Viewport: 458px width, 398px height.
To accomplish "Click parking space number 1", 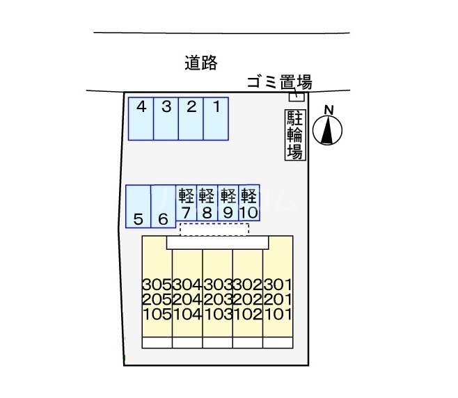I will coord(216,118).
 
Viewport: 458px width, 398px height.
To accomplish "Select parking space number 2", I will coord(191,118).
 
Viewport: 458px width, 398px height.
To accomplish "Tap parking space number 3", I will coord(166,118).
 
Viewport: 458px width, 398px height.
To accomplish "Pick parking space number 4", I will coord(141,118).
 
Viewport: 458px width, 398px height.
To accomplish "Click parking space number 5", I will coord(139,206).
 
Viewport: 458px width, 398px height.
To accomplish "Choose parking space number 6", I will coord(163,206).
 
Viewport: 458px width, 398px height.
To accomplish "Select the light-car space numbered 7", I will coord(186,202).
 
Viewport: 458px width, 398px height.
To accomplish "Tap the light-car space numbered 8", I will coord(207,202).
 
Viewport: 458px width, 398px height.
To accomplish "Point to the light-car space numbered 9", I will coord(228,202).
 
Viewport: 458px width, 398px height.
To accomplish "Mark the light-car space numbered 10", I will coord(248,202).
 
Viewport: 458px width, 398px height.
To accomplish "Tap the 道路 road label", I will coord(202,63).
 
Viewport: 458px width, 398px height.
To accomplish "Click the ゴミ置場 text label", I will coord(279,83).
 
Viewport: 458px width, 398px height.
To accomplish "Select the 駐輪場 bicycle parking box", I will coord(295,135).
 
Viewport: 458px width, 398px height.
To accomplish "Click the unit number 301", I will coord(278,285).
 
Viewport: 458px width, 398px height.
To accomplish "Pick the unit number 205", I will coord(156,298).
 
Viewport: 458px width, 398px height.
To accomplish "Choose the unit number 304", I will coord(187,285).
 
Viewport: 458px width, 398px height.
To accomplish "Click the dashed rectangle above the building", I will coord(214,229).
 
